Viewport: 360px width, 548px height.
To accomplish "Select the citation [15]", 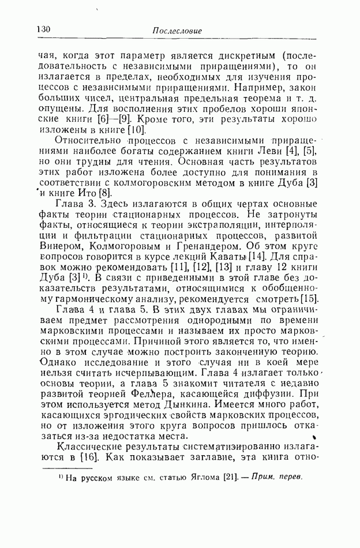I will coord(309,298).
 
